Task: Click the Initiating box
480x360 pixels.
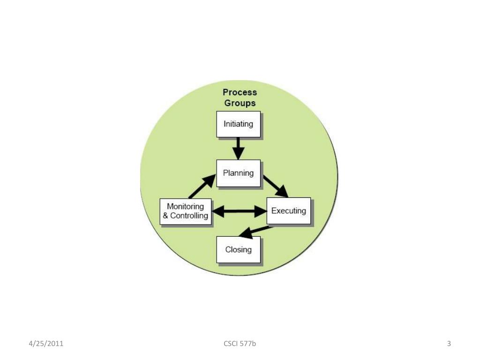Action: [238, 124]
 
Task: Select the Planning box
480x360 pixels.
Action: [238, 173]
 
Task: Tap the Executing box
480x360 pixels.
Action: [288, 210]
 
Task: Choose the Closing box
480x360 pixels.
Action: [238, 249]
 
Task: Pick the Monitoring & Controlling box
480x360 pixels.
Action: [186, 211]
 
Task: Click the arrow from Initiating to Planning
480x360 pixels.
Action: [239, 148]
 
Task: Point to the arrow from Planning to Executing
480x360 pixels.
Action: [275, 186]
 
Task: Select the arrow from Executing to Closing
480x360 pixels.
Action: [256, 231]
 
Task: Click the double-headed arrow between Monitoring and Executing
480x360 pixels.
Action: [239, 212]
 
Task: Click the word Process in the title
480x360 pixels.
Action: [240, 92]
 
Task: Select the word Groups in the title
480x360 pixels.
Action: [240, 103]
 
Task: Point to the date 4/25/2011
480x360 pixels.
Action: [46, 344]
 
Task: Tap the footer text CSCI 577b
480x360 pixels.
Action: [240, 344]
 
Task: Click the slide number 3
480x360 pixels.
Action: [449, 344]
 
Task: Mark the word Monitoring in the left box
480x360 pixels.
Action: [186, 206]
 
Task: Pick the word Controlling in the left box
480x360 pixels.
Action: [189, 216]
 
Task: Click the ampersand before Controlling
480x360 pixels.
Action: [165, 216]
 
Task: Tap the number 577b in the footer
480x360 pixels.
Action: [247, 344]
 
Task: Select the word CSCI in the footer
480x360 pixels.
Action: [231, 344]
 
